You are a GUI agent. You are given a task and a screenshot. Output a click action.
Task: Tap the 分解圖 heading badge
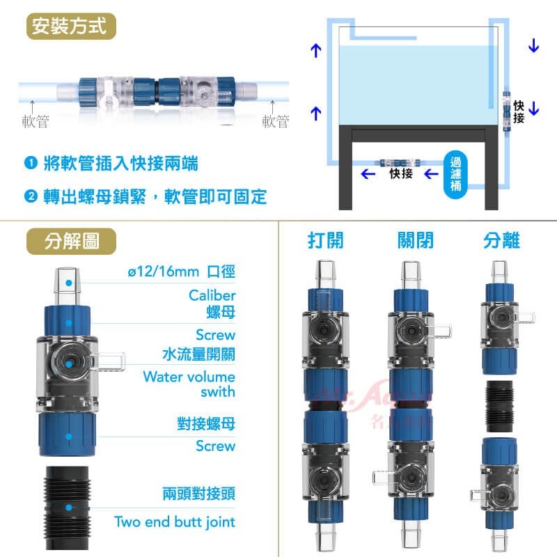pyautogui.click(x=71, y=241)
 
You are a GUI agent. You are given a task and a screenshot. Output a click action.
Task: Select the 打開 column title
pyautogui.click(x=325, y=241)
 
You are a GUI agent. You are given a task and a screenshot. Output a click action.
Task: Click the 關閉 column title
pyautogui.click(x=415, y=241)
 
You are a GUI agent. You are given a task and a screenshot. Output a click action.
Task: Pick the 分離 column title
pyautogui.click(x=501, y=241)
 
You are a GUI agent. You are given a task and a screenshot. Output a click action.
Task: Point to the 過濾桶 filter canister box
pyautogui.click(x=455, y=172)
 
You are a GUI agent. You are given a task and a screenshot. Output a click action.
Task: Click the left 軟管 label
pyautogui.click(x=36, y=122)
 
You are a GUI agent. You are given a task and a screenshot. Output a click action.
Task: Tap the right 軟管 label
pyautogui.click(x=275, y=122)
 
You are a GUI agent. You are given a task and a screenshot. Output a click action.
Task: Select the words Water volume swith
pyautogui.click(x=189, y=384)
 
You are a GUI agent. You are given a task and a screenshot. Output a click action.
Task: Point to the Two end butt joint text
pyautogui.click(x=174, y=521)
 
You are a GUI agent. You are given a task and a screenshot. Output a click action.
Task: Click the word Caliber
pyautogui.click(x=212, y=295)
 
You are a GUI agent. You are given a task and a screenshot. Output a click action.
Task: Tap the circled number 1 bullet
pyautogui.click(x=30, y=164)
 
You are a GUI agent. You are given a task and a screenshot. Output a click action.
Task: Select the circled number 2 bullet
pyautogui.click(x=30, y=197)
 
